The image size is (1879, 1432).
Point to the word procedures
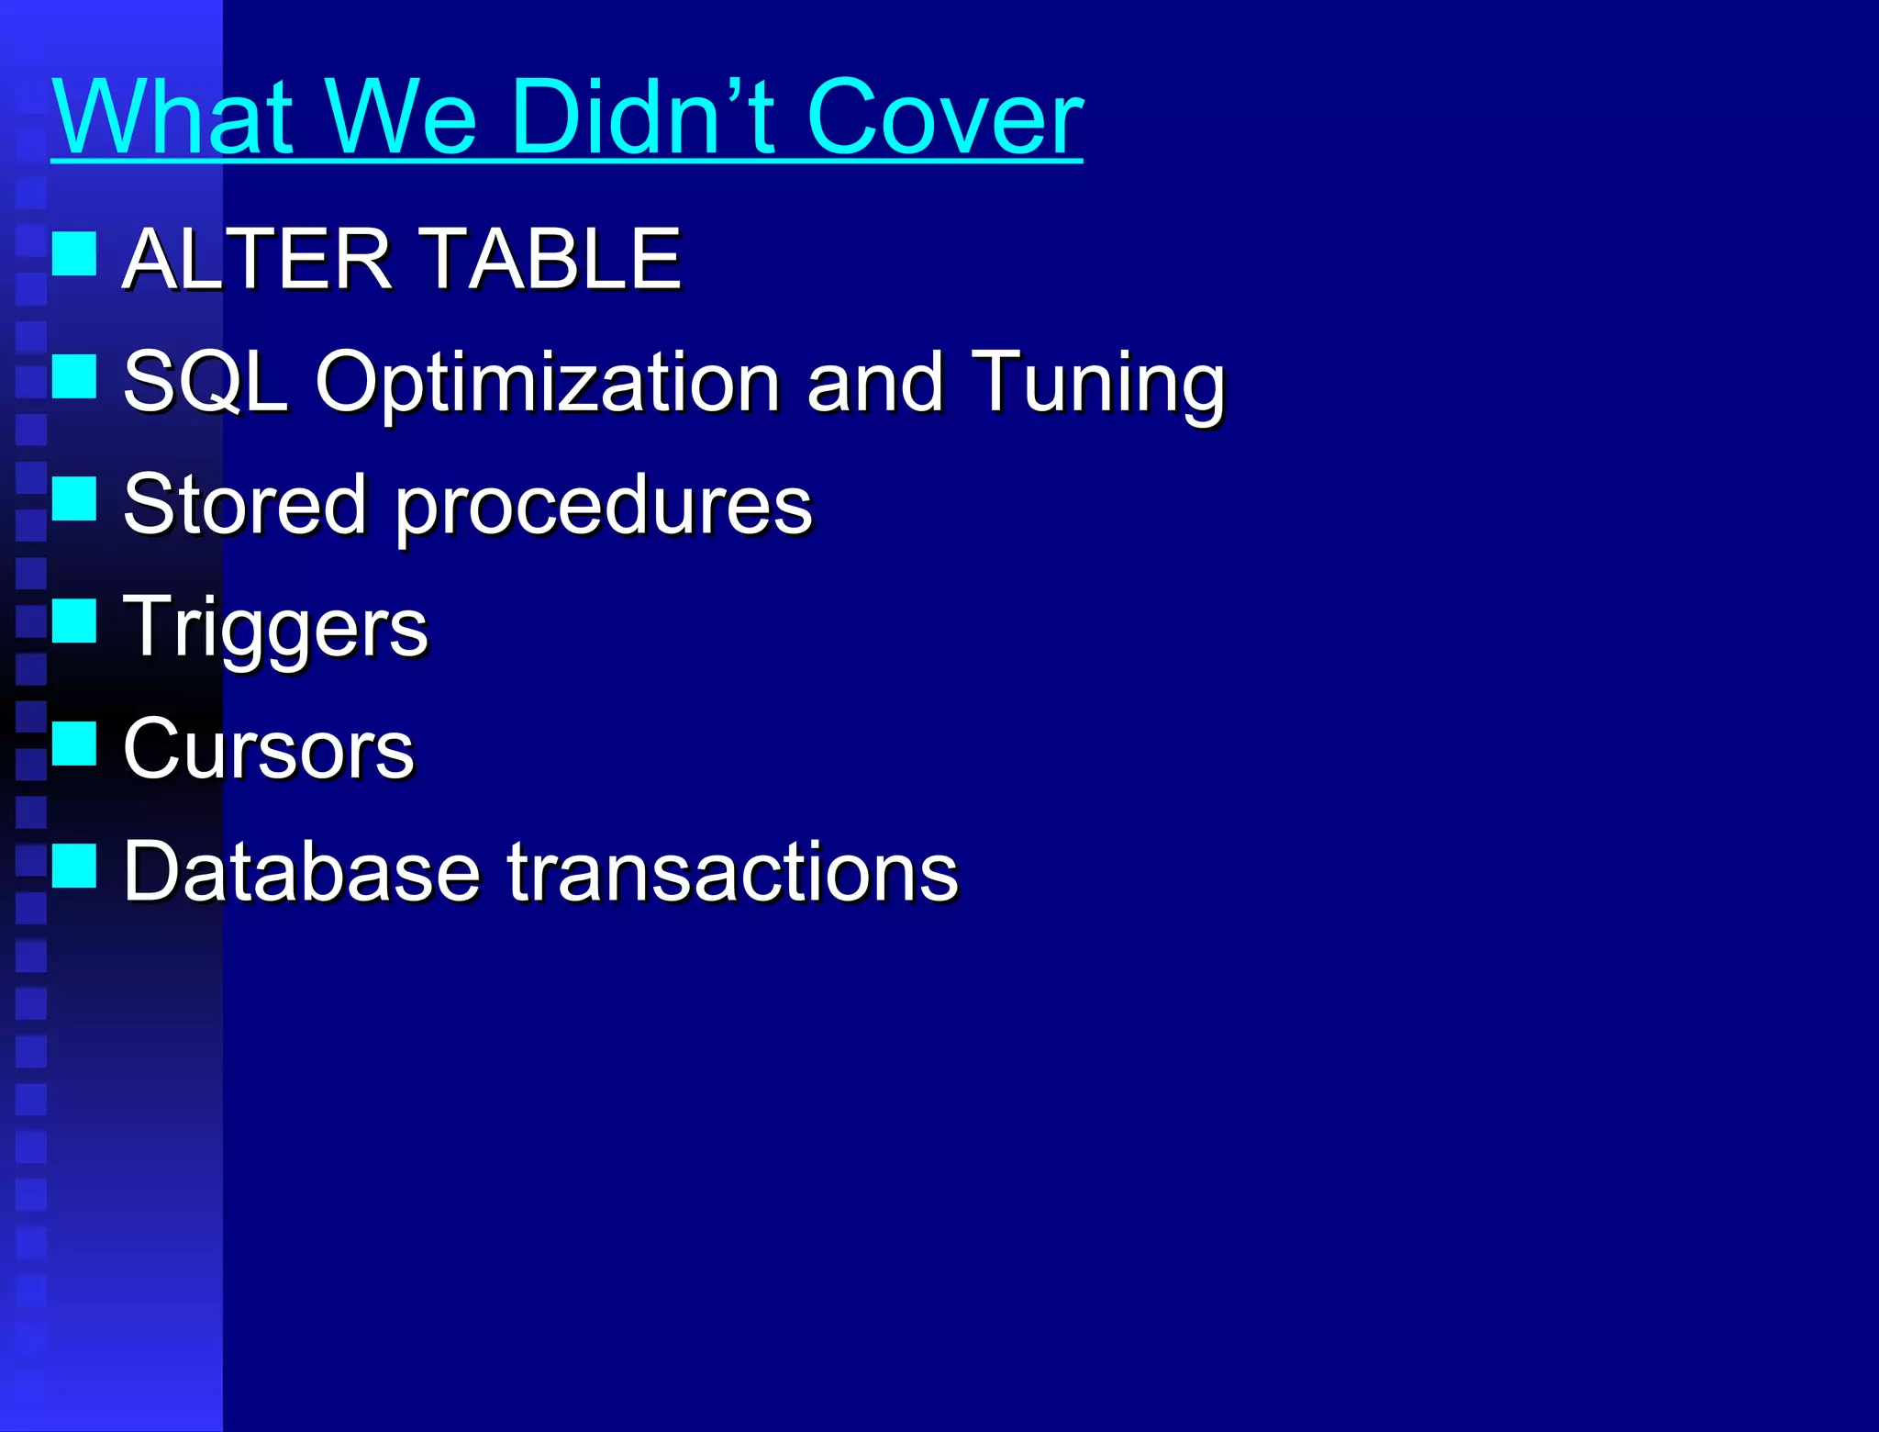[604, 506]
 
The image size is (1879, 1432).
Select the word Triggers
[275, 628]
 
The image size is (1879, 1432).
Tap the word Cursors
[269, 749]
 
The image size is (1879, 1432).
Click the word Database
[302, 871]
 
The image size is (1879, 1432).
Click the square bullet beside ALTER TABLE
[74, 254]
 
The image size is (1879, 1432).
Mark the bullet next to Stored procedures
[74, 498]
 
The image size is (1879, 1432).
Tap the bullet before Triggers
[74, 621]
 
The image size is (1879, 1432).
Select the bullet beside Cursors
[74, 743]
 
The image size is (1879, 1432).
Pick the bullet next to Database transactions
[74, 866]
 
